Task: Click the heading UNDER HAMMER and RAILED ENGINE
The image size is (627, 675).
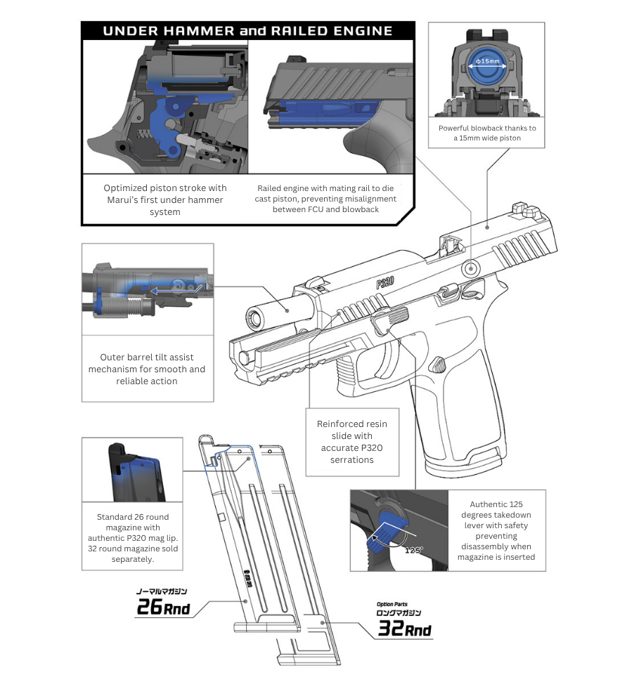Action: (x=247, y=31)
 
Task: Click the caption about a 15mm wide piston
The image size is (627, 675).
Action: (x=487, y=133)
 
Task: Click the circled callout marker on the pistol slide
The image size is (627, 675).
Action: (x=471, y=267)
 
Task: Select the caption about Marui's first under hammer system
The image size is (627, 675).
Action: (x=165, y=199)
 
